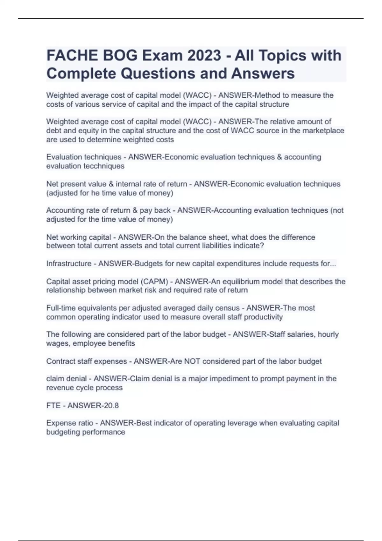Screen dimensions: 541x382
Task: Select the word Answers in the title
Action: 263,74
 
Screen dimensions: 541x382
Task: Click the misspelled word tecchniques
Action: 104,166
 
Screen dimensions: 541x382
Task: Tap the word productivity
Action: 264,317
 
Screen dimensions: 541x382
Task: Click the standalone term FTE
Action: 53,405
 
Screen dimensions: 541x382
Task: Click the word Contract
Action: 60,361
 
